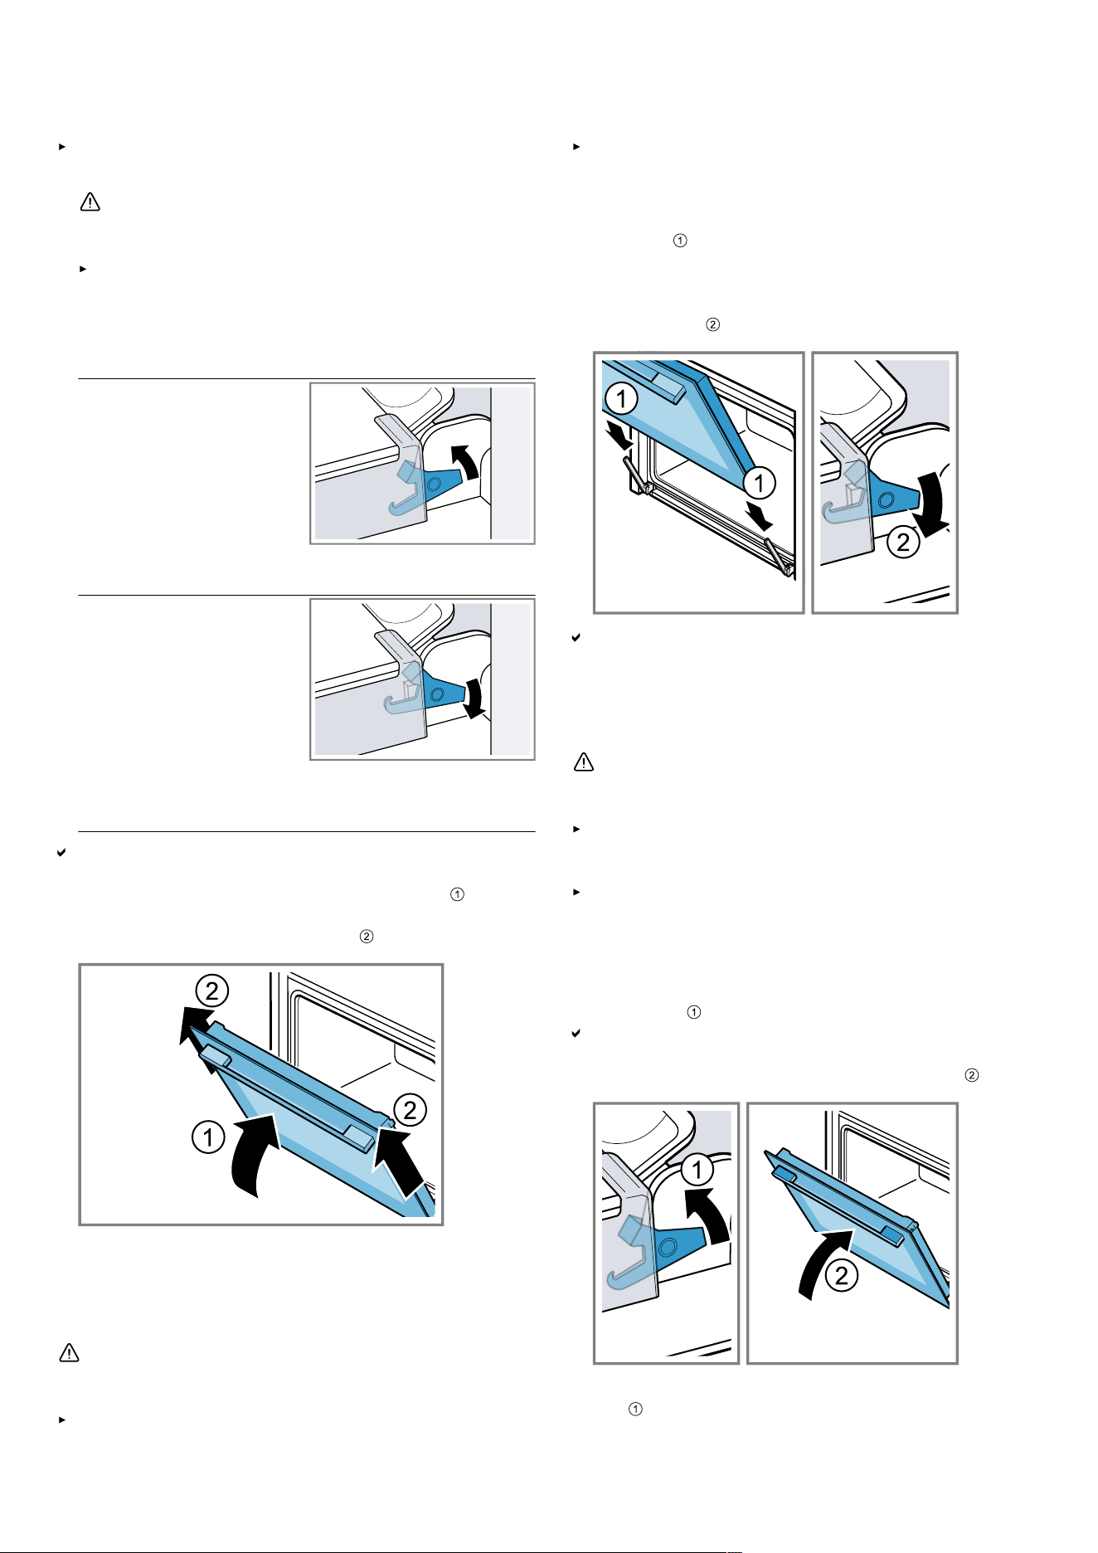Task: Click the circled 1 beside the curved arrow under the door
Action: pos(208,1137)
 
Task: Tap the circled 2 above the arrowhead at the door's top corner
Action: pos(212,991)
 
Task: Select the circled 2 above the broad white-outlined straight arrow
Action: pos(410,1110)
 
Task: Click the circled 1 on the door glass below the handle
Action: pos(621,400)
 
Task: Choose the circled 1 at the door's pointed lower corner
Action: pos(759,483)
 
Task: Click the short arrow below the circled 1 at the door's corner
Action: pos(760,514)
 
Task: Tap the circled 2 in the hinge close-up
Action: pos(903,543)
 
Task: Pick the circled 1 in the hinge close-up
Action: pos(697,1170)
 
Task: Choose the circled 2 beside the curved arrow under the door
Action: pos(842,1275)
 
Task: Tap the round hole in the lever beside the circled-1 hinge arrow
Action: pos(665,1246)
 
